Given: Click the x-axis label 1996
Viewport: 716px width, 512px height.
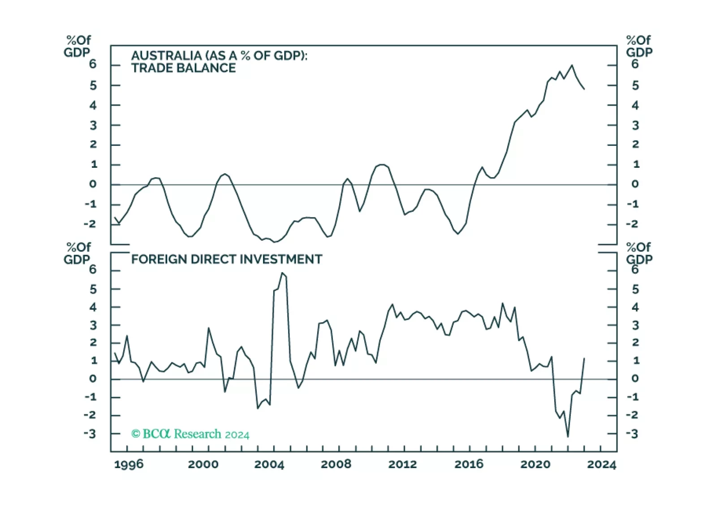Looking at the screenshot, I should tap(129, 464).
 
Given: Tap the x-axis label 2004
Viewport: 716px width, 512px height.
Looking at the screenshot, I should tap(269, 464).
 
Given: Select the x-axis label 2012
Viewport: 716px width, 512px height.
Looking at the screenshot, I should tap(402, 464).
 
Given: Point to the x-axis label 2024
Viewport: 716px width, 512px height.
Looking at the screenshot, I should tap(602, 464).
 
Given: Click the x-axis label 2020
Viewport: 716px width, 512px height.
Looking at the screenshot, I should tap(535, 464).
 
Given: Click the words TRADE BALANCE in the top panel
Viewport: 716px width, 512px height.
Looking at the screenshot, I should tap(183, 68).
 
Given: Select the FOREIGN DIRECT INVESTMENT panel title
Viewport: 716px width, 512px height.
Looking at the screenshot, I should tap(226, 260).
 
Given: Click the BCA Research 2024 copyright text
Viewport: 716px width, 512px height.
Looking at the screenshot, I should tap(190, 434).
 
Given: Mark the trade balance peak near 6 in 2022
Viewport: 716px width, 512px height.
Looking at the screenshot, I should tap(572, 65).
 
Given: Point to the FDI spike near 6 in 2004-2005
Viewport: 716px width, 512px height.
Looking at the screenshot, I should tap(282, 273).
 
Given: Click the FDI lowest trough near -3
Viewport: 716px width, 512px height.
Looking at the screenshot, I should tap(568, 436).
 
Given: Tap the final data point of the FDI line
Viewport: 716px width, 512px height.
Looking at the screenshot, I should tap(584, 358).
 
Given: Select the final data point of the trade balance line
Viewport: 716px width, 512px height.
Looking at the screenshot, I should tap(584, 89).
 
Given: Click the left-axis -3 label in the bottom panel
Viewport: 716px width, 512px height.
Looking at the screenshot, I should tap(90, 434).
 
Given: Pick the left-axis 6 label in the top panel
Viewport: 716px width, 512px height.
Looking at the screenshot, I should tap(93, 64).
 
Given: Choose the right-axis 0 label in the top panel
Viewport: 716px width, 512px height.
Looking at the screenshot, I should tap(635, 184).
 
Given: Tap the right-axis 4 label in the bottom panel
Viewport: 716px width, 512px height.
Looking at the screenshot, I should tap(635, 307).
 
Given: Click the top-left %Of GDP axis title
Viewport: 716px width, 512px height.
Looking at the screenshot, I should tap(78, 46).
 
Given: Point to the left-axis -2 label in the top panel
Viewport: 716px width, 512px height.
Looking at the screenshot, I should tap(90, 224).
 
